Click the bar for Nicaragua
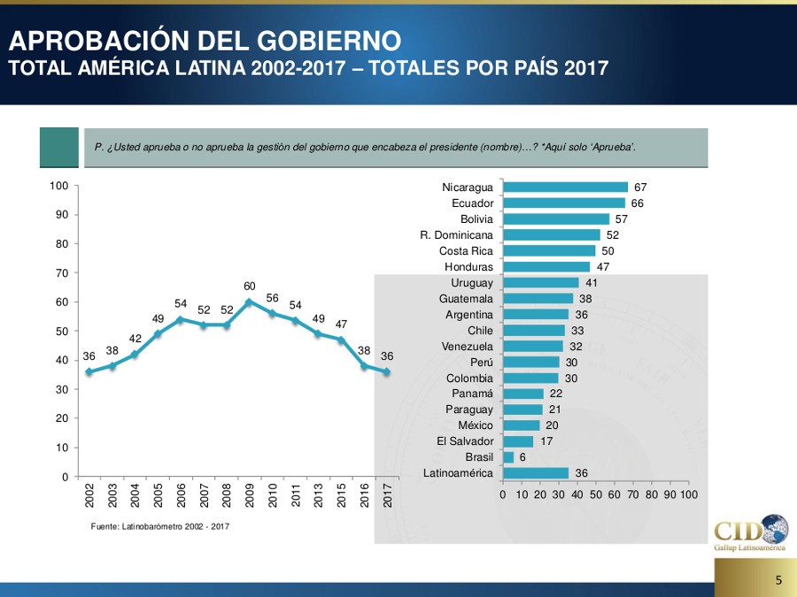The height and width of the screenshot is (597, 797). pos(565,188)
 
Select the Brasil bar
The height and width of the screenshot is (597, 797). pos(508,457)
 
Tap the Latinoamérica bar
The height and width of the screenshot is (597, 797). pos(536,473)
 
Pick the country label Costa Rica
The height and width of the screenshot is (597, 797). pos(466,251)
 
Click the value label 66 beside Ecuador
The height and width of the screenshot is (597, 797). pos(638,203)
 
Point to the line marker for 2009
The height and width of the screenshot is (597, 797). pos(250,302)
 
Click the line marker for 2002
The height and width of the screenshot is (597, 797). pos(89,371)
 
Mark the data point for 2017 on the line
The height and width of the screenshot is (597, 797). pos(387,371)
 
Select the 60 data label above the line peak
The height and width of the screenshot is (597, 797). pos(250,286)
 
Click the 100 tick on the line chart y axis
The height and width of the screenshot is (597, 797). pos(59,186)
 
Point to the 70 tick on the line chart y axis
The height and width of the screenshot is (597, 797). pos(62,273)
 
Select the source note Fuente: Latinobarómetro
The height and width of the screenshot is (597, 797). pos(159,527)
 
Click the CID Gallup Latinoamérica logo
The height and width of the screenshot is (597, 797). pos(750,533)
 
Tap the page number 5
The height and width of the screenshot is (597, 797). pos(778,581)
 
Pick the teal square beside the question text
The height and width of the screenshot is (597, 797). pos(58,147)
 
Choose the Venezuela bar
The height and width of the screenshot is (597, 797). pos(533,346)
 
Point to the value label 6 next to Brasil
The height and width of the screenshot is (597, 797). pos(522,457)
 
